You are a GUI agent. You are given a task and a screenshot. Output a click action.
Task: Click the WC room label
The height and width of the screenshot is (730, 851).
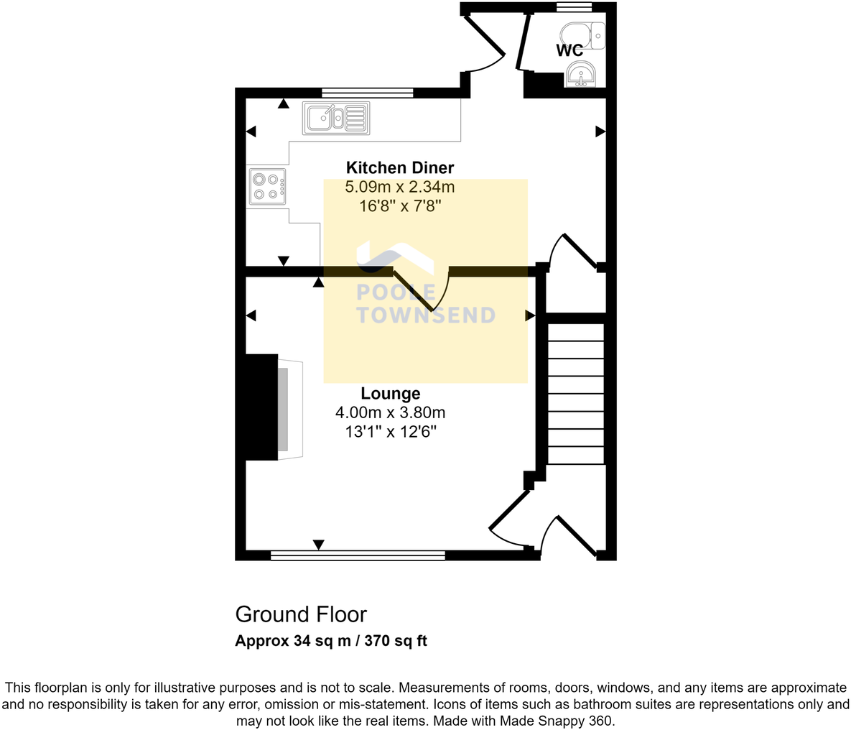[x=569, y=51]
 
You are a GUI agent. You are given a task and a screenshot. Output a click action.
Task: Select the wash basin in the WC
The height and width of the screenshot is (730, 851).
[x=580, y=74]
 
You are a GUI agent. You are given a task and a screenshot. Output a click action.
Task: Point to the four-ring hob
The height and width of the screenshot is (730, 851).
[x=267, y=186]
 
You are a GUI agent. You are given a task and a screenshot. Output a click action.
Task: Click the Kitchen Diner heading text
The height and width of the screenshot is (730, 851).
[x=400, y=168]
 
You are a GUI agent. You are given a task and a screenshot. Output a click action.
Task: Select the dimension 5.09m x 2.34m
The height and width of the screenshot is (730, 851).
[x=400, y=188]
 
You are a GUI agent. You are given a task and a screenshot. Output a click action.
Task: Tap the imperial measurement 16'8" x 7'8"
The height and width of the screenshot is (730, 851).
[x=400, y=207]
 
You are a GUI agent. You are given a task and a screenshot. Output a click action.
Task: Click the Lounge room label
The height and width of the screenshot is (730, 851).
[x=391, y=394]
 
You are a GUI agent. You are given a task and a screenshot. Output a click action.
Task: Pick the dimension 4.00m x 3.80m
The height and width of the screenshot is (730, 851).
[x=391, y=413]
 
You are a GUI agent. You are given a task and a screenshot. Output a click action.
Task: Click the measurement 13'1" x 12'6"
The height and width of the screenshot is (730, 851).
[x=391, y=433]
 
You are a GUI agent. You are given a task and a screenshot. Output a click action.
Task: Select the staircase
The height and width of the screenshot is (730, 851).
[x=576, y=393]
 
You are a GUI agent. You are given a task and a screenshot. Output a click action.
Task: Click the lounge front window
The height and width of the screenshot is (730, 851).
[x=358, y=555]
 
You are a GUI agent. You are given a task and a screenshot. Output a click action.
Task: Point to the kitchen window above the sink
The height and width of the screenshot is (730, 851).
[x=367, y=92]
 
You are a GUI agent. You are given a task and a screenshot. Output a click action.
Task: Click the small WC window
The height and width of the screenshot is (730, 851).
[x=574, y=8]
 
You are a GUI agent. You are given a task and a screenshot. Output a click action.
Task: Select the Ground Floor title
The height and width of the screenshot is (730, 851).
[x=301, y=615]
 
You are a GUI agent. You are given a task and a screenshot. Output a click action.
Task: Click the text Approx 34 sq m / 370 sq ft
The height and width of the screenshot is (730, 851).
[x=331, y=641]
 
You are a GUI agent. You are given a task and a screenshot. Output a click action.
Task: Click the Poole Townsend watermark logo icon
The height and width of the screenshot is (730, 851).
[x=395, y=259]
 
